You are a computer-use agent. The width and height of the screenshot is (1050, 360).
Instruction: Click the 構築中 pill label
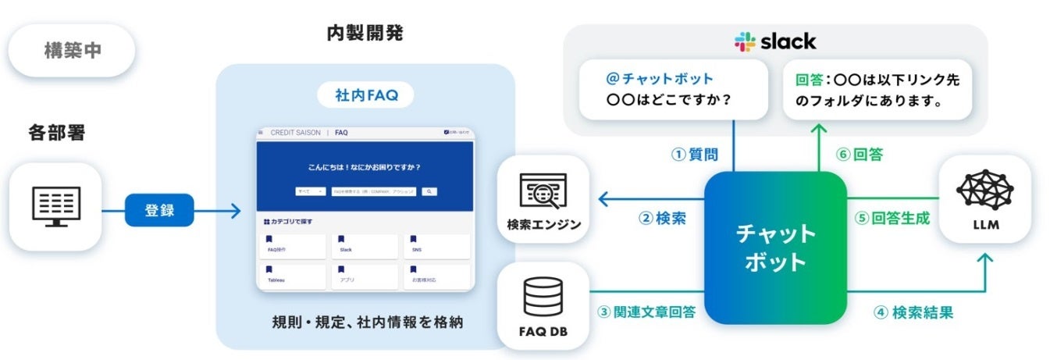(x=71, y=51)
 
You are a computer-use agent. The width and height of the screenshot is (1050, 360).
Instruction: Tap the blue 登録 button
(x=159, y=210)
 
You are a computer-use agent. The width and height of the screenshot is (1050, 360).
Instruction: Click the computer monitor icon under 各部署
(x=55, y=206)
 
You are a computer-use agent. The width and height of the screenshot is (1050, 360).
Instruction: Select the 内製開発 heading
(x=365, y=34)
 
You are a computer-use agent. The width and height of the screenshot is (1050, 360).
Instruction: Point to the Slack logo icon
(x=746, y=41)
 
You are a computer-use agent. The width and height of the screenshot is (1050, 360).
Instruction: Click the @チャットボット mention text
(x=660, y=79)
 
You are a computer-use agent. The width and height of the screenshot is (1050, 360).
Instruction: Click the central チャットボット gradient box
(x=775, y=248)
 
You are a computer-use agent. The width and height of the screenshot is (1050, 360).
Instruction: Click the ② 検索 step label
(x=662, y=219)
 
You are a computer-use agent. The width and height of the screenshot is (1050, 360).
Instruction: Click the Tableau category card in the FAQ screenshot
(x=292, y=275)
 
